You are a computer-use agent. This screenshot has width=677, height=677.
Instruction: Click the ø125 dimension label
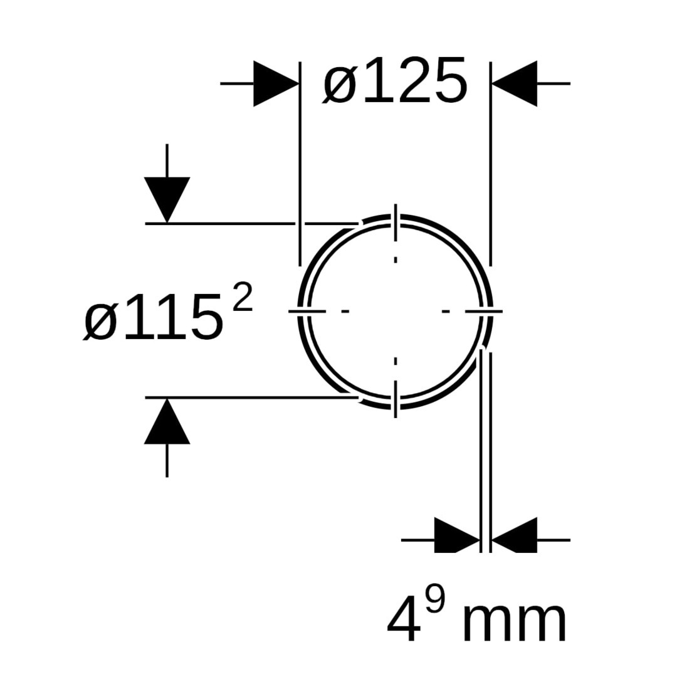point(395,81)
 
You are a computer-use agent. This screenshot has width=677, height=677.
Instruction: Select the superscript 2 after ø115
point(242,296)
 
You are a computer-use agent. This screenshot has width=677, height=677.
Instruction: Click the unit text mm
point(514,621)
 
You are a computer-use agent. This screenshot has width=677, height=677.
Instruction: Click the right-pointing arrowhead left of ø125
point(276,83)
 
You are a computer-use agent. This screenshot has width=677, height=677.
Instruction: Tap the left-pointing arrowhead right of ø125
point(515,83)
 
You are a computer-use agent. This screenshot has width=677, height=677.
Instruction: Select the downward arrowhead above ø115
point(167,200)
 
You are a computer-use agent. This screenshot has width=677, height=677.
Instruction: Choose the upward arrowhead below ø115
point(167,421)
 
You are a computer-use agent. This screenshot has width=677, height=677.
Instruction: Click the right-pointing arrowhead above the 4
point(457,535)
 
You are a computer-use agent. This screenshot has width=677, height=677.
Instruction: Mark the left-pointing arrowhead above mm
point(515,535)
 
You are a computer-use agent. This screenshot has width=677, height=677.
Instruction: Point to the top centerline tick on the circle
point(396,223)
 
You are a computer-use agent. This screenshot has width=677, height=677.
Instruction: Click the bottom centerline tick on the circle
point(396,399)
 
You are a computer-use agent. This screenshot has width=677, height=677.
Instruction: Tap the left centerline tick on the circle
point(307,311)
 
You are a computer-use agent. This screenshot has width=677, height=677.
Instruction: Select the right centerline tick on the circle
point(484,311)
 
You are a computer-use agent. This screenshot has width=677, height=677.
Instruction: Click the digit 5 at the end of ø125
point(451,81)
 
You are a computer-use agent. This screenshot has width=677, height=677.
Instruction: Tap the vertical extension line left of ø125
point(300,164)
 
